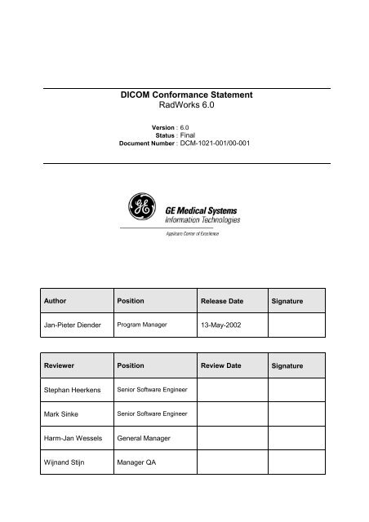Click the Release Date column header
click(x=222, y=301)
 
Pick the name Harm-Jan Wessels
click(x=74, y=440)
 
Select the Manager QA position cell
click(x=140, y=465)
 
